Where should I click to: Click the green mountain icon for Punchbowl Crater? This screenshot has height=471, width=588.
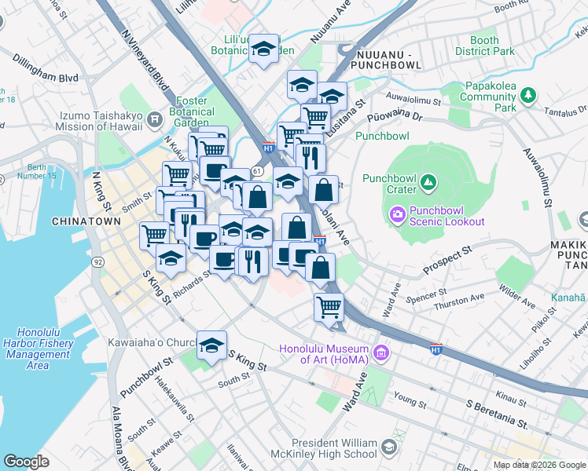428,184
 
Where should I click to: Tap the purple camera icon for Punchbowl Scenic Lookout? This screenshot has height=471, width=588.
397,213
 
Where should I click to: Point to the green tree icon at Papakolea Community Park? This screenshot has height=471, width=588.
529,95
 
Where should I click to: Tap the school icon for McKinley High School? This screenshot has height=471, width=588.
388,448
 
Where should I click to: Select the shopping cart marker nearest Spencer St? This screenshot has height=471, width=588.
329,307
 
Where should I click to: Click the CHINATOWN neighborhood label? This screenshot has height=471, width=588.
86,221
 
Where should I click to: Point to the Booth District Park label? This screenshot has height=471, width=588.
484,46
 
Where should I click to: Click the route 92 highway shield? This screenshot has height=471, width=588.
97,261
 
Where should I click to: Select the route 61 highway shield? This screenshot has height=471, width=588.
257,170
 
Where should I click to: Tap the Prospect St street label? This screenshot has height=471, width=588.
446,260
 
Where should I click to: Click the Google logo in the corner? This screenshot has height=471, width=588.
26,462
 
